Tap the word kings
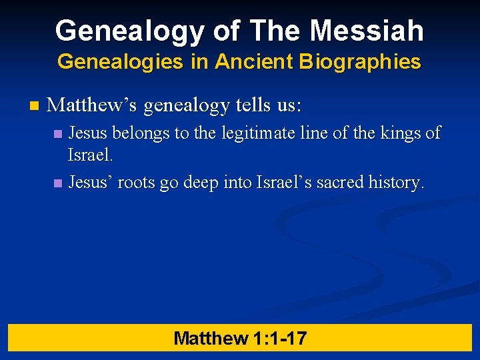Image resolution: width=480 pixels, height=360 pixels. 401,133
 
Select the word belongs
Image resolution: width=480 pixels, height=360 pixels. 141,133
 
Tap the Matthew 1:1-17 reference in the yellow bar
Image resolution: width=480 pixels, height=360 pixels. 240,338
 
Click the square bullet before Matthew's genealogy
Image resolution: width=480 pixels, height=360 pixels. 35,105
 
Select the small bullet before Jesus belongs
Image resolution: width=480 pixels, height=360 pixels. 58,134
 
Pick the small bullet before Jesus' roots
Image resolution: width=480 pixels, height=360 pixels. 58,183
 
